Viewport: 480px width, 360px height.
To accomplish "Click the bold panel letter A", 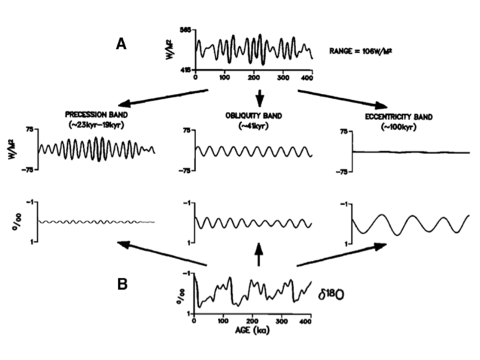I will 121,44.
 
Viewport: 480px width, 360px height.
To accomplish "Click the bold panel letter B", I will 122,283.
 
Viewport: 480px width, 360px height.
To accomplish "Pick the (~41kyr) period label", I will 257,124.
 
